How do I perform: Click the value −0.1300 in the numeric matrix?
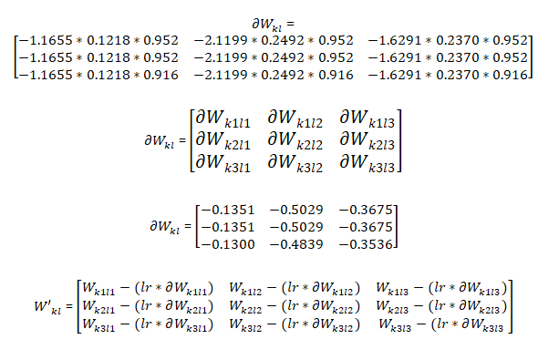coord(228,244)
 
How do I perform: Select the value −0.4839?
coord(296,244)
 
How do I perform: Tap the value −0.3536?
coord(366,244)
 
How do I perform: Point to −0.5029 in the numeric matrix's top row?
coord(296,210)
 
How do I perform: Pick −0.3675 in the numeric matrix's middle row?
coord(366,227)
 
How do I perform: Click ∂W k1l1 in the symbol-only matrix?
coord(223,119)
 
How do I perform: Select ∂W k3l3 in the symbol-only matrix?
coord(367,163)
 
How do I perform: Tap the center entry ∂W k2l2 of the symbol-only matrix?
coord(295,141)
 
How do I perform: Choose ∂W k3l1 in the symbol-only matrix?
coord(223,163)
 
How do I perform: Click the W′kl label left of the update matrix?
coord(47,308)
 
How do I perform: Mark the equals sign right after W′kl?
coord(69,306)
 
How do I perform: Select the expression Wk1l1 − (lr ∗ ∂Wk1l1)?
coord(148,288)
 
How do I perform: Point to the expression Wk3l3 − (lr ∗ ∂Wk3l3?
coord(441,324)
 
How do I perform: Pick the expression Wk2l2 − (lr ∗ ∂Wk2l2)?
coord(295,306)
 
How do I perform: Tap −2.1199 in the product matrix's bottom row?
coord(221,75)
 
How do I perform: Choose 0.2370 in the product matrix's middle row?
coord(458,57)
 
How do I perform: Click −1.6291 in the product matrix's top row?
coord(395,40)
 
